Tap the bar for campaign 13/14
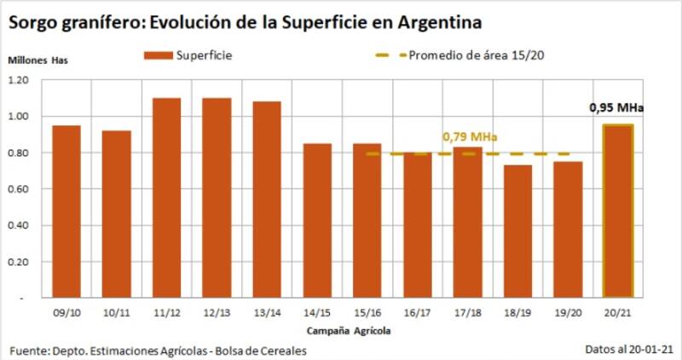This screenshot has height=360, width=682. (267, 200)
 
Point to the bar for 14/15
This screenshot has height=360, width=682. (317, 221)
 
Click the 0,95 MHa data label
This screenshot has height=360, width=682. (616, 108)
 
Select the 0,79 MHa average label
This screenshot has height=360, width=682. (469, 136)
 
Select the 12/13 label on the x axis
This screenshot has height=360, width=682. (217, 312)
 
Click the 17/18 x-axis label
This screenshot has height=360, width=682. (467, 312)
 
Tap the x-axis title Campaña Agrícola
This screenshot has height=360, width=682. (340, 328)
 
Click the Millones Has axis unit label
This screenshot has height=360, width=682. (38, 61)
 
